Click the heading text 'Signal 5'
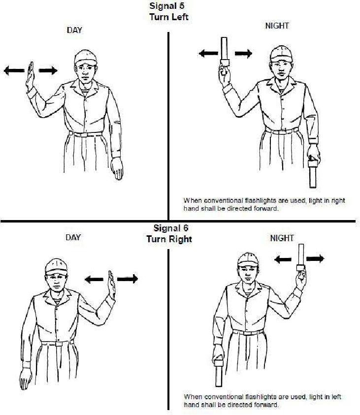167,6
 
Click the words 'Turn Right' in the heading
169,239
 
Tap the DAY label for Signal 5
74,30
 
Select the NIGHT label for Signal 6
282,238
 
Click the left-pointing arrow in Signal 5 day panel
14,70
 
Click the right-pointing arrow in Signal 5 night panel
243,54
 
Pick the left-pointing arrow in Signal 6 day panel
94,279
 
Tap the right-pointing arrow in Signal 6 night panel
315,258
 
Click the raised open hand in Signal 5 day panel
30,77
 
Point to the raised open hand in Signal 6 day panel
111,285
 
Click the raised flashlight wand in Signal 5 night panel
225,52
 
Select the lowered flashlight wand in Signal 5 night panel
313,173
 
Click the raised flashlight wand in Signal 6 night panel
301,257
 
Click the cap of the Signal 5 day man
85,58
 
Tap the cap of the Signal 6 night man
248,260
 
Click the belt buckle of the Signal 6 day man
59,344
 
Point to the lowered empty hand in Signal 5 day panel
117,168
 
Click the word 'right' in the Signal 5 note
338,200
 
